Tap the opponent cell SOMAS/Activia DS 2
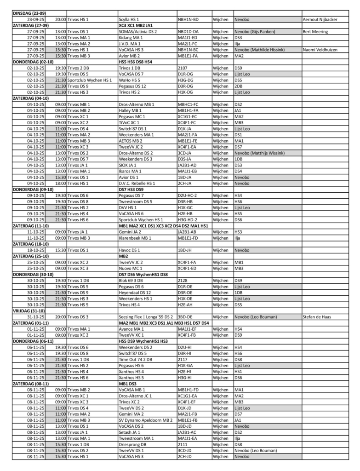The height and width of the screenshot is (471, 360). (137, 32)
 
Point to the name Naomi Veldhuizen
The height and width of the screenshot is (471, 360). (320, 50)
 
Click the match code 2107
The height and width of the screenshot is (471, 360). (183, 68)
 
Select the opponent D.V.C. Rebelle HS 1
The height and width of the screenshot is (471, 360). (137, 183)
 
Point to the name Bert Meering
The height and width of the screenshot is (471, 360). (315, 32)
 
